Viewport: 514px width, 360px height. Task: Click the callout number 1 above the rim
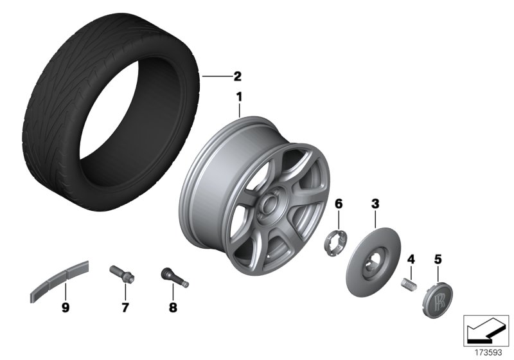(x=239, y=97)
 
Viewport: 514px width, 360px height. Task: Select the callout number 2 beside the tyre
(x=237, y=76)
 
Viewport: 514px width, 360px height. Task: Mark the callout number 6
(x=339, y=204)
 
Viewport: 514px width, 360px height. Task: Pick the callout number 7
(x=125, y=307)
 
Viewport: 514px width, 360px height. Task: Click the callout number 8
(x=172, y=307)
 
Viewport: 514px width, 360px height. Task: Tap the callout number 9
(x=65, y=307)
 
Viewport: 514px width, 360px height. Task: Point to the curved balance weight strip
(x=60, y=282)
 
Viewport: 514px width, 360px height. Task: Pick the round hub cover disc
(x=373, y=264)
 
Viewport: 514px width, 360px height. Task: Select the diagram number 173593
(x=487, y=352)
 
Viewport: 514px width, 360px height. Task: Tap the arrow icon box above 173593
(x=486, y=330)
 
